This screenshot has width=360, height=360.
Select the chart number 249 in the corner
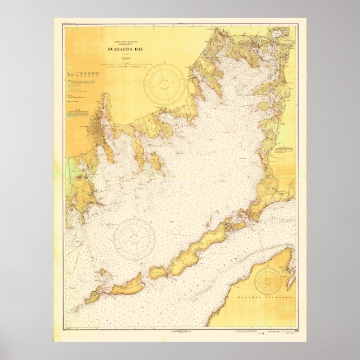pos(290,331)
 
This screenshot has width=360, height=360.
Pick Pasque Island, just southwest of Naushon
pos(159,272)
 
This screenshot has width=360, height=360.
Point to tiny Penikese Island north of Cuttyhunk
pos(103,274)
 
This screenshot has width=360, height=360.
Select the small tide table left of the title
pos(82,73)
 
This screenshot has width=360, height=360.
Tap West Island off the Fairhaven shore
pos(156,163)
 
